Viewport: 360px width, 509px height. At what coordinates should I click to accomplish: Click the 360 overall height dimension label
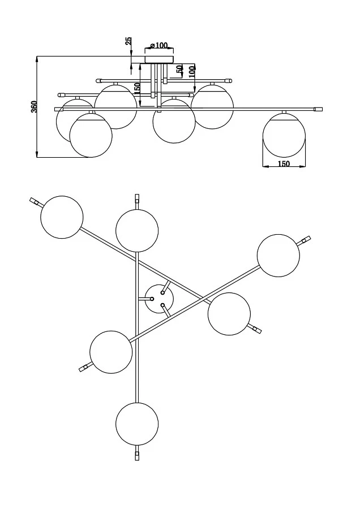tap(34, 107)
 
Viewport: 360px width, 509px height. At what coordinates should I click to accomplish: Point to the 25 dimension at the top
tap(128, 41)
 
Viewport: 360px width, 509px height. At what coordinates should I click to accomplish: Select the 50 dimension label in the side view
tap(179, 70)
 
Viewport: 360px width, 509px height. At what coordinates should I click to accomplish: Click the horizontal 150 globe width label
tap(284, 163)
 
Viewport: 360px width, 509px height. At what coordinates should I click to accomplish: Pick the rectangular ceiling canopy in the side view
tap(160, 58)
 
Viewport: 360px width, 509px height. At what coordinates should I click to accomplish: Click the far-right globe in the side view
tap(284, 135)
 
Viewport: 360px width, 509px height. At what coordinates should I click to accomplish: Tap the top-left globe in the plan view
tap(62, 217)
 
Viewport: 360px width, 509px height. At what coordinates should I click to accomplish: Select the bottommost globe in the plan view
tap(137, 424)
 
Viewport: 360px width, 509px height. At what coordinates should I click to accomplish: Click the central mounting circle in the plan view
tap(159, 299)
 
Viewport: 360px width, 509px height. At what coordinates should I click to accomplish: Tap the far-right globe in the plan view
tap(278, 256)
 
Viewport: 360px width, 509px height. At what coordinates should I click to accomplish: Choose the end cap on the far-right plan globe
tap(306, 240)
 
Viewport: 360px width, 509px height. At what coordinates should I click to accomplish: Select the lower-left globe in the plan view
tap(111, 352)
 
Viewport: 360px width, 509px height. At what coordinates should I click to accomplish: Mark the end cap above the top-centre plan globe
tap(137, 199)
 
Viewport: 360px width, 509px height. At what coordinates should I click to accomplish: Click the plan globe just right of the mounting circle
tap(229, 314)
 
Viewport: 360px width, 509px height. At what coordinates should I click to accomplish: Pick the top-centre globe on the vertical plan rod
tap(137, 230)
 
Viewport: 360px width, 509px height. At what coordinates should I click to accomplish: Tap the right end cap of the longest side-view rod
tap(318, 108)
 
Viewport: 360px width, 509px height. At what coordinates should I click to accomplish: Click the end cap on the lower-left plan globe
tap(84, 368)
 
